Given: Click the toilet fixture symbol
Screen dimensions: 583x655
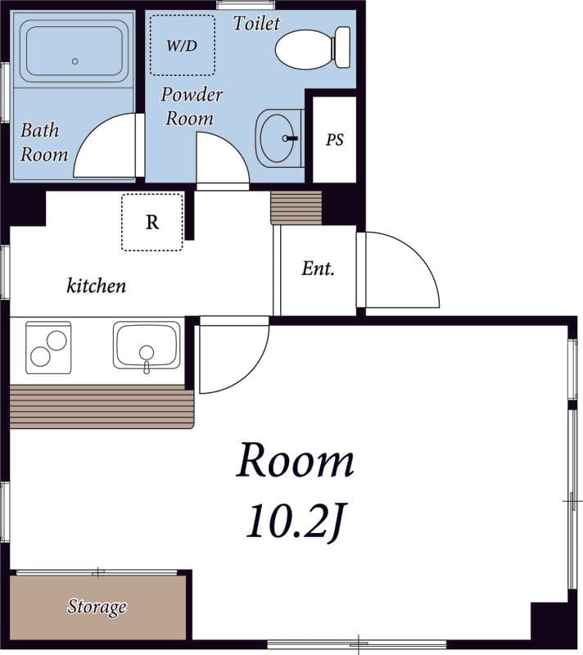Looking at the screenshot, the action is [x=313, y=47].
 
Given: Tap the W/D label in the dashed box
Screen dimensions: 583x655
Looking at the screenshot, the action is [x=182, y=46].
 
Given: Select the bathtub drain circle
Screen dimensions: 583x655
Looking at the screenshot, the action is [x=75, y=61].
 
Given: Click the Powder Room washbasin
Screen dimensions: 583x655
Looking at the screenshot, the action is [x=279, y=138].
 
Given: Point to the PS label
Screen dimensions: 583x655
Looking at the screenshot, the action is [x=335, y=139].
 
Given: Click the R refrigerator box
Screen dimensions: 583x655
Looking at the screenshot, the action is [x=152, y=222].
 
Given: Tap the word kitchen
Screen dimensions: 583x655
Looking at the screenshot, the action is [x=96, y=286].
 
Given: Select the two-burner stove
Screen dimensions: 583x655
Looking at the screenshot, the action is [x=48, y=347].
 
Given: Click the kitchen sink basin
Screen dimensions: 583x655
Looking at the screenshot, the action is [x=147, y=346].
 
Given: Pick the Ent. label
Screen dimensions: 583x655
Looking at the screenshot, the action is [x=319, y=269].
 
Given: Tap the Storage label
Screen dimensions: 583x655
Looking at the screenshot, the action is [x=97, y=607].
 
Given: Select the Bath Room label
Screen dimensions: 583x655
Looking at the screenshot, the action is [x=44, y=142].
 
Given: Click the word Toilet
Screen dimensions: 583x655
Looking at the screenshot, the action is [x=256, y=23].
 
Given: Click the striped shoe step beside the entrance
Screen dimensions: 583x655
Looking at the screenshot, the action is [x=296, y=208].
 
